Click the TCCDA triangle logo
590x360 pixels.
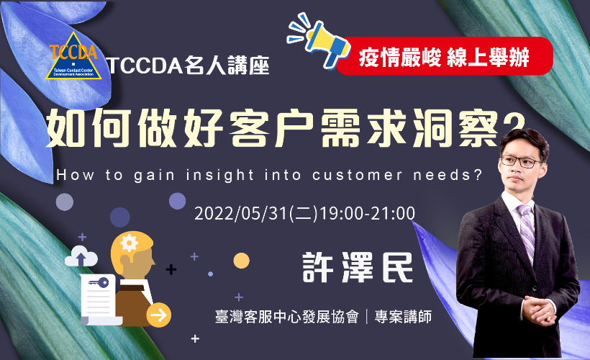(73, 56)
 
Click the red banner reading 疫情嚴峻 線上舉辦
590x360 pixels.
(445, 56)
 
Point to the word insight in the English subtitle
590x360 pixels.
(219, 175)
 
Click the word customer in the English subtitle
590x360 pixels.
(357, 176)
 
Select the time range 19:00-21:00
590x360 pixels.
(367, 214)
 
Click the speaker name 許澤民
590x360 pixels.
(358, 267)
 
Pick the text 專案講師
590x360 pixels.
(403, 317)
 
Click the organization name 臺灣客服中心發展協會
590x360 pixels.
(286, 317)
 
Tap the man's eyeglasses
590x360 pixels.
(522, 161)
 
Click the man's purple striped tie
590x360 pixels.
(526, 230)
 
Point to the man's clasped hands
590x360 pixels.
(539, 310)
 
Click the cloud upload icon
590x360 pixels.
(81, 256)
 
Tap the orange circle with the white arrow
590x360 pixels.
(159, 315)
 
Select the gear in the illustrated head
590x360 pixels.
(130, 243)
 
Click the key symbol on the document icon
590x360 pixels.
(99, 282)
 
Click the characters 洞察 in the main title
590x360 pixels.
(455, 128)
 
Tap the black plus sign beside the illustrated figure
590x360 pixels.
(171, 269)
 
